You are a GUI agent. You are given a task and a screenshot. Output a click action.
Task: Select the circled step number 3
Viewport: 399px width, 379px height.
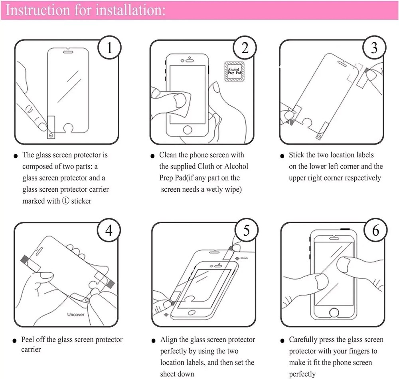pyautogui.click(x=374, y=48)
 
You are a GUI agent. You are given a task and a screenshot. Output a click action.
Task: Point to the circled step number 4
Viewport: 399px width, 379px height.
pyautogui.click(x=109, y=231)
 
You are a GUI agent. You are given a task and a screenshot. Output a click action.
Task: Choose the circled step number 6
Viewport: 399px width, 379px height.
pyautogui.click(x=375, y=231)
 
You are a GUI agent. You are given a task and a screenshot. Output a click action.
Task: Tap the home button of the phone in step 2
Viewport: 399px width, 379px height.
pyautogui.click(x=187, y=129)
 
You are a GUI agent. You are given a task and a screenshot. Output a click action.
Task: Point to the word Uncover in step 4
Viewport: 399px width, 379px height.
pyautogui.click(x=75, y=315)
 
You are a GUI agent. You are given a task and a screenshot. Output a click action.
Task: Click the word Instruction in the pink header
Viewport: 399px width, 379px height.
pyautogui.click(x=36, y=10)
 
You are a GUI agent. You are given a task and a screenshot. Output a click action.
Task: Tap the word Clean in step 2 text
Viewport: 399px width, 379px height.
pyautogui.click(x=168, y=155)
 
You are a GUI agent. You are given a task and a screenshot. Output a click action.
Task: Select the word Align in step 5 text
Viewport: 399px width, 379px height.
pyautogui.click(x=169, y=340)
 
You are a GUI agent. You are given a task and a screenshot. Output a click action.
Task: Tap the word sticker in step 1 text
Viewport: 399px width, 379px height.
pyautogui.click(x=81, y=201)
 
